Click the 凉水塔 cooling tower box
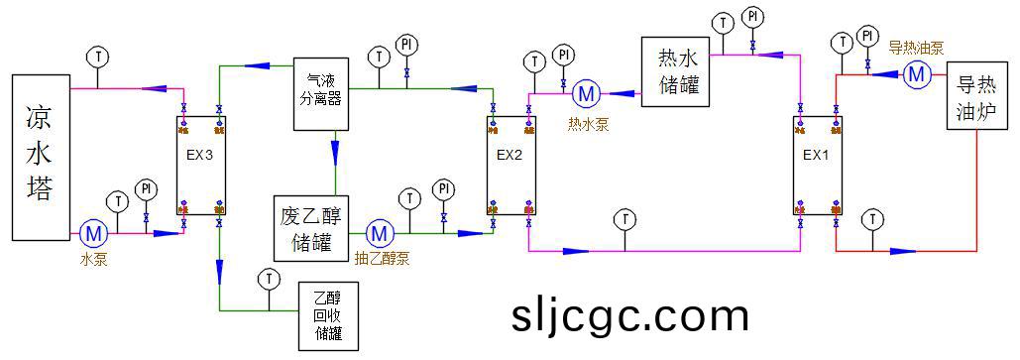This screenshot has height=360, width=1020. (41, 157)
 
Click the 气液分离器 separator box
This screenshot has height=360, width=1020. (321, 93)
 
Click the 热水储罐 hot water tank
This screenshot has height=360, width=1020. (676, 71)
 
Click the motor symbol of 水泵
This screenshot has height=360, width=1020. (94, 234)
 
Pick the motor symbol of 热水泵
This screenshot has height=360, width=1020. (586, 93)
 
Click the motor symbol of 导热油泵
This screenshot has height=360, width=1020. (916, 72)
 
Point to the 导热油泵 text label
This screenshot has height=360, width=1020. (915, 48)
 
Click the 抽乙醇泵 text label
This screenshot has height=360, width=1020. (382, 257)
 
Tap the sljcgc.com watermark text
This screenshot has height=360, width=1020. (630, 315)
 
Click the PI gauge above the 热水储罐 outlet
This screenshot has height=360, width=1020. (753, 17)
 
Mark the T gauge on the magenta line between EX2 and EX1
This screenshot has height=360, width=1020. (624, 218)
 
